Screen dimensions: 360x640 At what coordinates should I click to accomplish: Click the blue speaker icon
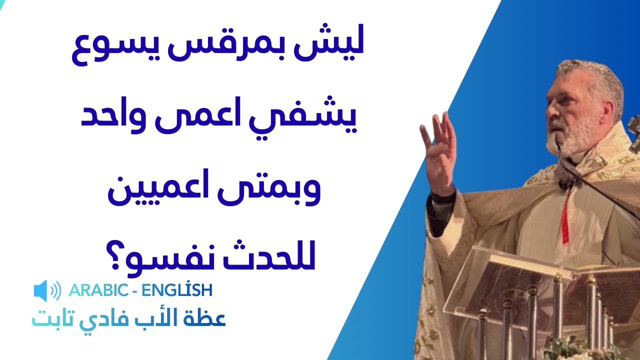point(46,290)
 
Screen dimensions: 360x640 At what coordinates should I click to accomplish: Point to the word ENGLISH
point(177,290)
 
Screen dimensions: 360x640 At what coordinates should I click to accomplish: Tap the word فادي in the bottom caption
point(125,318)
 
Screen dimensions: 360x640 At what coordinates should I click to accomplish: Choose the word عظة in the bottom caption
point(210,318)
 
